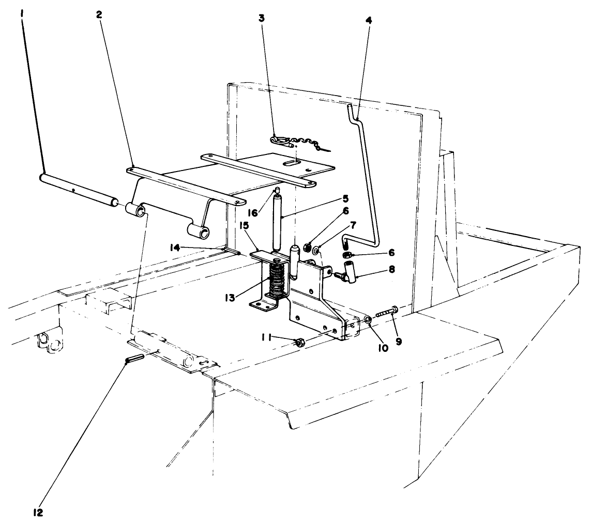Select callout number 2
click(99, 14)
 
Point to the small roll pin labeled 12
click(134, 357)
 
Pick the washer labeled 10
click(368, 320)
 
